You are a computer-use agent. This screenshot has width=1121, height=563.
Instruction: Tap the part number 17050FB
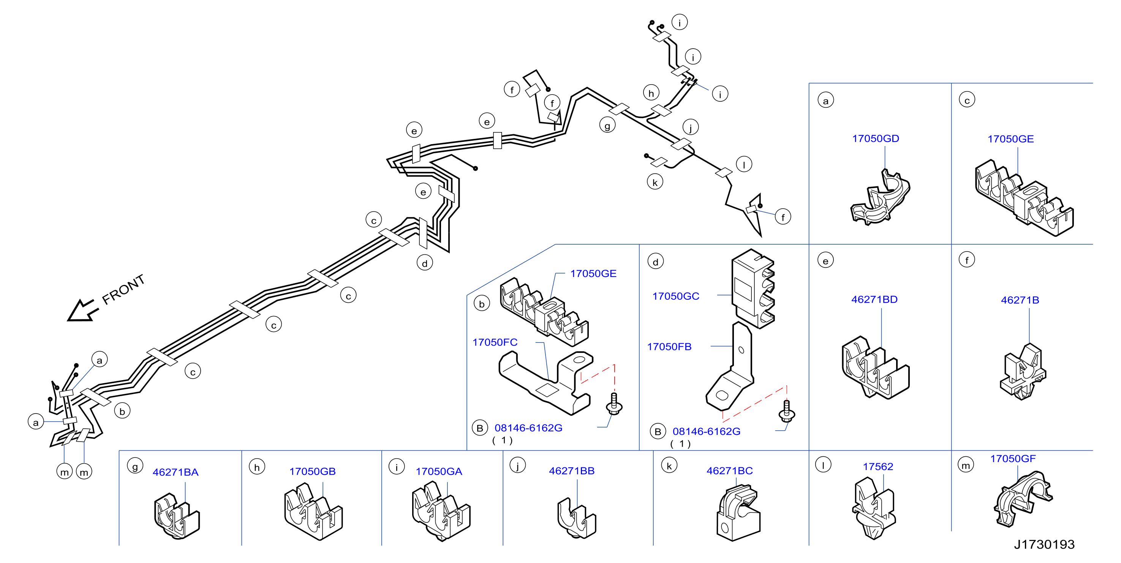click(x=669, y=346)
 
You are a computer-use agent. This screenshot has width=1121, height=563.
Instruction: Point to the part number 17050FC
click(x=495, y=342)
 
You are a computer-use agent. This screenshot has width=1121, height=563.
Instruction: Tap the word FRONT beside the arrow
click(x=123, y=289)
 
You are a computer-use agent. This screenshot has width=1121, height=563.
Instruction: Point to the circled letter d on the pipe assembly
click(x=424, y=263)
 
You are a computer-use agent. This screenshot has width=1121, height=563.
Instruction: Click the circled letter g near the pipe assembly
click(x=607, y=126)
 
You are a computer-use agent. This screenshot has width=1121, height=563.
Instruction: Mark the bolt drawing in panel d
click(x=786, y=411)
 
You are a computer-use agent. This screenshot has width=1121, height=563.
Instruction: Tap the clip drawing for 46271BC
click(x=738, y=513)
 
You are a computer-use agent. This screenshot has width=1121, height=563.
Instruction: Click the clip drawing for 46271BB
click(x=577, y=518)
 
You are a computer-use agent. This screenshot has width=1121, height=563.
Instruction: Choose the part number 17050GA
click(x=439, y=471)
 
